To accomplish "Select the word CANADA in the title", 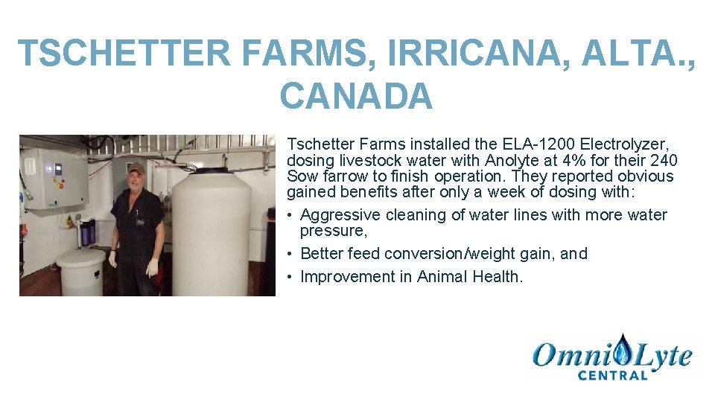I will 356,96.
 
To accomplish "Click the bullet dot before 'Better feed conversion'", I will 291,255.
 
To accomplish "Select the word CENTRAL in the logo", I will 613,374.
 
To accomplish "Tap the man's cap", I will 136,169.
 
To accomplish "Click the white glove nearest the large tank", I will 152,267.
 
